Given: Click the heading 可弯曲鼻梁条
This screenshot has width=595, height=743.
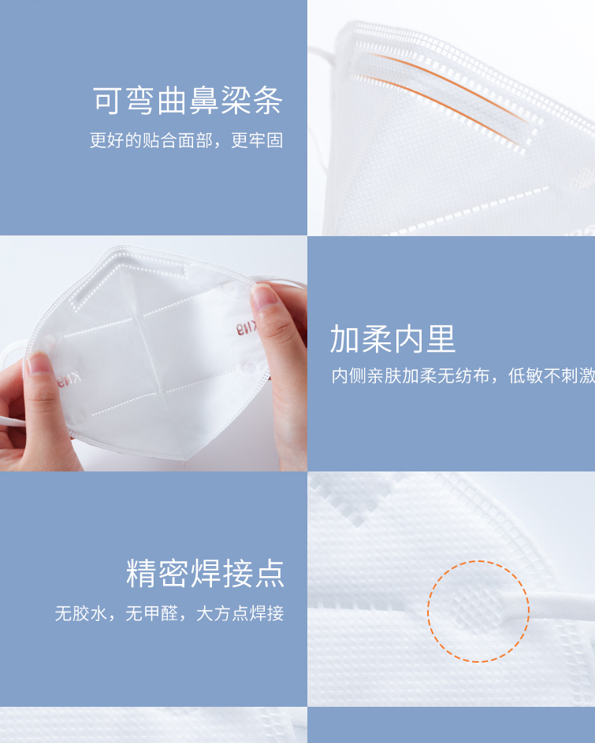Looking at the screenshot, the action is tap(188, 101).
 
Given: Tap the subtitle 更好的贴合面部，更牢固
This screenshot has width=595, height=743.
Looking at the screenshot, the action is tap(187, 140).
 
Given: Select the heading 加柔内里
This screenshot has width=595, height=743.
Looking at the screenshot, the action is tap(392, 338).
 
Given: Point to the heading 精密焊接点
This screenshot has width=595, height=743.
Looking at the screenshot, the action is tap(205, 573).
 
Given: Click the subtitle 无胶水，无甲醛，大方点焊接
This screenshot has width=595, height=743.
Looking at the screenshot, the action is tap(169, 614).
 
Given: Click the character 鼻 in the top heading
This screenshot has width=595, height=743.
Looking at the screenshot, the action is tap(203, 101).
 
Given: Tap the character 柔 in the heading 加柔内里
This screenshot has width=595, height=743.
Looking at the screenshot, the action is tap(377, 338).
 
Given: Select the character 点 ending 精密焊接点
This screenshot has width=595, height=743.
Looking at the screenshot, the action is tap(269, 573).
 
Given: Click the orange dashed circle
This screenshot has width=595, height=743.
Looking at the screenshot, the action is tap(478, 561).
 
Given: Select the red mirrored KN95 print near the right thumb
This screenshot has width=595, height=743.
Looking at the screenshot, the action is tap(247, 328).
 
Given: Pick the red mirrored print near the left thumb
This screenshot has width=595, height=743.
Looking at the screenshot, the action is tap(69, 380).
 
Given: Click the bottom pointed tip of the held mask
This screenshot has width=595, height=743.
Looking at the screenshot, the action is tap(185, 460).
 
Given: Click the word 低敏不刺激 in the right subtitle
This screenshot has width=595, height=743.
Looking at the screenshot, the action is tap(552, 375).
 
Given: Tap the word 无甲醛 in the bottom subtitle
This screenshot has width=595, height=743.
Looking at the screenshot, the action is tap(152, 614).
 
